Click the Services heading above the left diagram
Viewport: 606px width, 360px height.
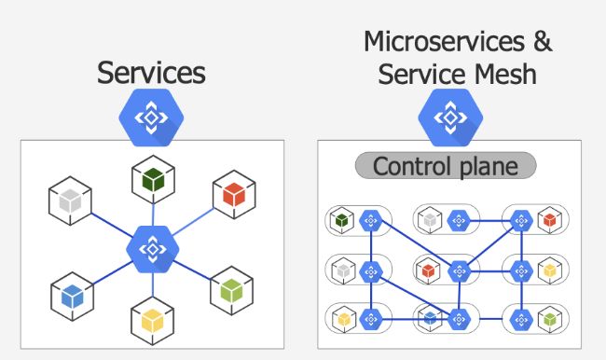point(151,73)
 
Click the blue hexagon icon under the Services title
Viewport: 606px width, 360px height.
point(151,118)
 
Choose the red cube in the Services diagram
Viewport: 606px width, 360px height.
point(234,195)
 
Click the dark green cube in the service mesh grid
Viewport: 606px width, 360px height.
point(342,222)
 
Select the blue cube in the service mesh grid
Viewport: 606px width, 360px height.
point(431,319)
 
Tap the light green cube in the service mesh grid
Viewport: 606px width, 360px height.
point(551,320)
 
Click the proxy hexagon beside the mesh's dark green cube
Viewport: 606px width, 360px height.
point(371,222)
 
